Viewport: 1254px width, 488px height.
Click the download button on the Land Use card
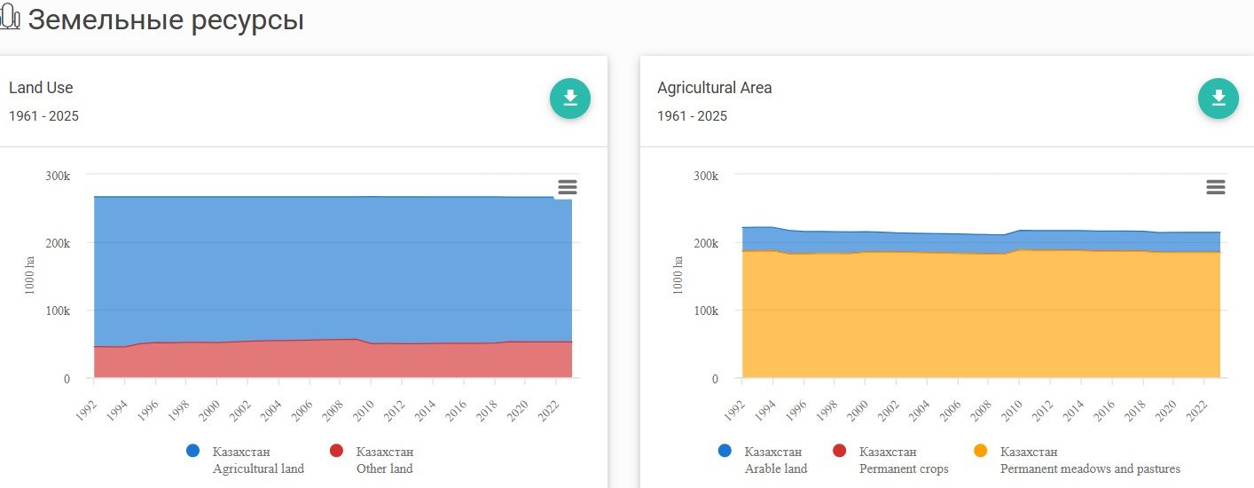tap(570, 98)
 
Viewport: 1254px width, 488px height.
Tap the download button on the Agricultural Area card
tap(1219, 98)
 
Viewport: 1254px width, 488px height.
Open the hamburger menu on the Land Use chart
tap(568, 187)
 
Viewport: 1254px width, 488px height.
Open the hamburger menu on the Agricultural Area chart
tap(1216, 187)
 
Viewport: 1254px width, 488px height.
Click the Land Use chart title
tap(41, 88)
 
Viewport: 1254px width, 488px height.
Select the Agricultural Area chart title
tap(714, 88)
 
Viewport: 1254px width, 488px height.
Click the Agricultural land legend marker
tap(193, 451)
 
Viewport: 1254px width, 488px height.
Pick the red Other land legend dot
tap(336, 451)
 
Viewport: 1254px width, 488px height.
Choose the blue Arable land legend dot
tap(725, 451)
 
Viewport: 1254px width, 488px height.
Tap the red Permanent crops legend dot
tap(840, 451)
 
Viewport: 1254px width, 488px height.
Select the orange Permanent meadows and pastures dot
tap(980, 451)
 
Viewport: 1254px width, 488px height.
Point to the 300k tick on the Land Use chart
tap(58, 176)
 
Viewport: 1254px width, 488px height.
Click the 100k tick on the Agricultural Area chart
tap(706, 311)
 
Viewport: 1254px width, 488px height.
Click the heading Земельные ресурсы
tap(166, 20)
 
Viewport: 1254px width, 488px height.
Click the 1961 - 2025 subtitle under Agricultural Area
tap(692, 116)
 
